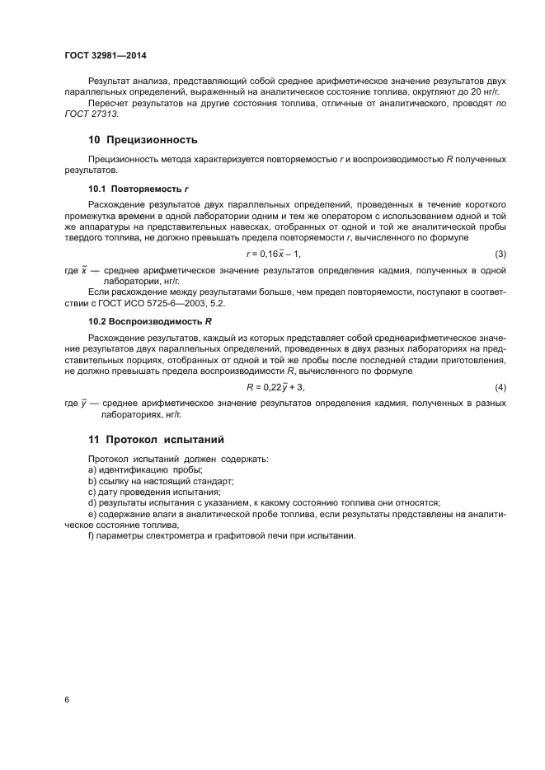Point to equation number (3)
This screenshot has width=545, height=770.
coord(500,254)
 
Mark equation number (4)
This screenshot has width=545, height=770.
coord(500,386)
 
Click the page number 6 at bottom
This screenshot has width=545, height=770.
coord(67,699)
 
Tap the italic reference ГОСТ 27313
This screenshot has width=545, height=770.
coord(92,114)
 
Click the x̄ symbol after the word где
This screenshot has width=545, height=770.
coord(83,270)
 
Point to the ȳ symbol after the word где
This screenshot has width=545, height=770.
coord(83,403)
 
